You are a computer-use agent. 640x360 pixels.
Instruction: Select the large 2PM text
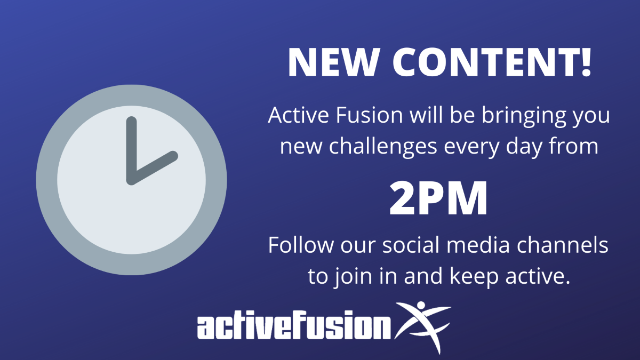coord(438,198)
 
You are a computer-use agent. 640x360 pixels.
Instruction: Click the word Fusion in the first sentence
coord(369,115)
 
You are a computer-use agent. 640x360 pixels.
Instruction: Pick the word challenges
coord(383,147)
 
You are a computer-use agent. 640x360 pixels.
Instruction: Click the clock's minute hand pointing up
coord(131,150)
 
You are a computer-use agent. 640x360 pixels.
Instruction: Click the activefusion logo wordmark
coord(294,325)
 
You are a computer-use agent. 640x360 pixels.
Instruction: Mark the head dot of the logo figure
coord(421,305)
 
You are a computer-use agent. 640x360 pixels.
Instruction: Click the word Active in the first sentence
coord(298,115)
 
